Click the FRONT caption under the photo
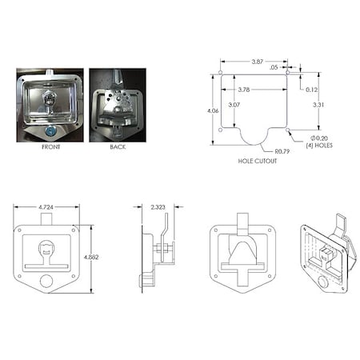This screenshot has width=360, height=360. tap(50, 146)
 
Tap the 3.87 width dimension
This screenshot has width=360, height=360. tap(254, 62)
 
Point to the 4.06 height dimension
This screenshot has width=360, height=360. tap(211, 110)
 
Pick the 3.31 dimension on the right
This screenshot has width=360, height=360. tap(318, 105)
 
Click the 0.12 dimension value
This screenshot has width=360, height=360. tap(312, 89)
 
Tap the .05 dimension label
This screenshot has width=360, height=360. tap(274, 68)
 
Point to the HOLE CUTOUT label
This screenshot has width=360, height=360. tap(257, 161)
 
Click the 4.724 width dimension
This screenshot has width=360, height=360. tap(46, 207)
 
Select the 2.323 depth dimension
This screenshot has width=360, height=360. tap(157, 207)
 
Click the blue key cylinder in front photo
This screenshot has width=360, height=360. tap(49, 130)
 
